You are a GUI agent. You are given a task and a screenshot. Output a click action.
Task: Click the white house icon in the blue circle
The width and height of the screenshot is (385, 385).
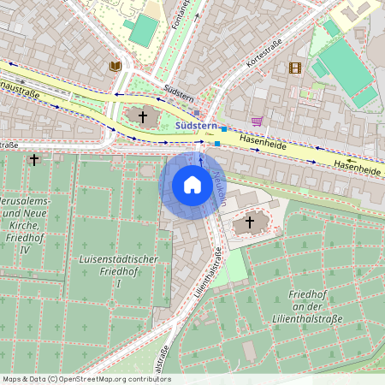[x=192, y=185]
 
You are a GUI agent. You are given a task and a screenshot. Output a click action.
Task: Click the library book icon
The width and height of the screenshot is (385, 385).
[x=114, y=66]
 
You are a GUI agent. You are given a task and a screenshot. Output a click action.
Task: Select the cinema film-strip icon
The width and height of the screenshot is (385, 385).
[x=295, y=68]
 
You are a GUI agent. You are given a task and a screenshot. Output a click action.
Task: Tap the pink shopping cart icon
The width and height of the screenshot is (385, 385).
[x=257, y=121]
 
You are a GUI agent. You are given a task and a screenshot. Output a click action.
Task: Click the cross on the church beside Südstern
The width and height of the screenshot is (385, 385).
[x=143, y=115]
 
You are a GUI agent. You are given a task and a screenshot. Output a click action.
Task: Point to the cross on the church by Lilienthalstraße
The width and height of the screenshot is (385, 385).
[x=250, y=222]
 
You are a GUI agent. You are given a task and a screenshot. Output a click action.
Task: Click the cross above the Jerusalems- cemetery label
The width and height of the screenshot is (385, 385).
[x=34, y=159]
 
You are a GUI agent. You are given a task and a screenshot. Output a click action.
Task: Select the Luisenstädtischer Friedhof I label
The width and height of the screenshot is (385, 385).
[x=106, y=270]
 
